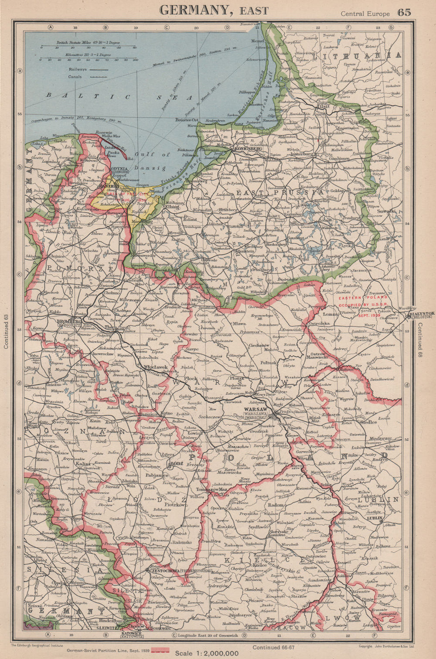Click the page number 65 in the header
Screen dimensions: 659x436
404,12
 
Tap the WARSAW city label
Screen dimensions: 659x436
256,410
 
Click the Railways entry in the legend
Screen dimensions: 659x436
78,69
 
